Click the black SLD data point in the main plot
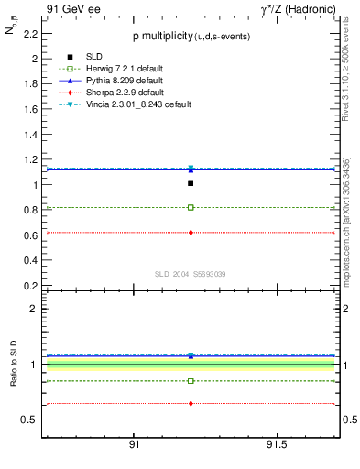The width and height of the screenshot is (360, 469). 191,183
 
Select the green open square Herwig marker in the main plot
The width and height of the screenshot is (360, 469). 191,207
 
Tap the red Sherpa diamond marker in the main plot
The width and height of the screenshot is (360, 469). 191,233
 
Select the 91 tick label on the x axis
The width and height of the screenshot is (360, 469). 134,444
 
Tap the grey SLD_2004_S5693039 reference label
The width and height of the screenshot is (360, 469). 190,274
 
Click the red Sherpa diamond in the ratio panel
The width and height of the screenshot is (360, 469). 191,403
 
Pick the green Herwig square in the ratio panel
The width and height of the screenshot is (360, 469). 191,380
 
